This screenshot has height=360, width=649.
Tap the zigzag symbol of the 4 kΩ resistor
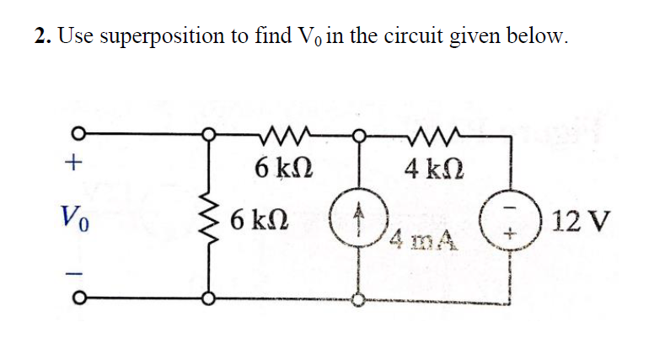(x=435, y=133)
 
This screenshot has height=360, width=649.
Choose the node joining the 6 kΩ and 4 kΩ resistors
(x=359, y=134)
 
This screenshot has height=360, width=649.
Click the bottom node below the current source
(x=359, y=298)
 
